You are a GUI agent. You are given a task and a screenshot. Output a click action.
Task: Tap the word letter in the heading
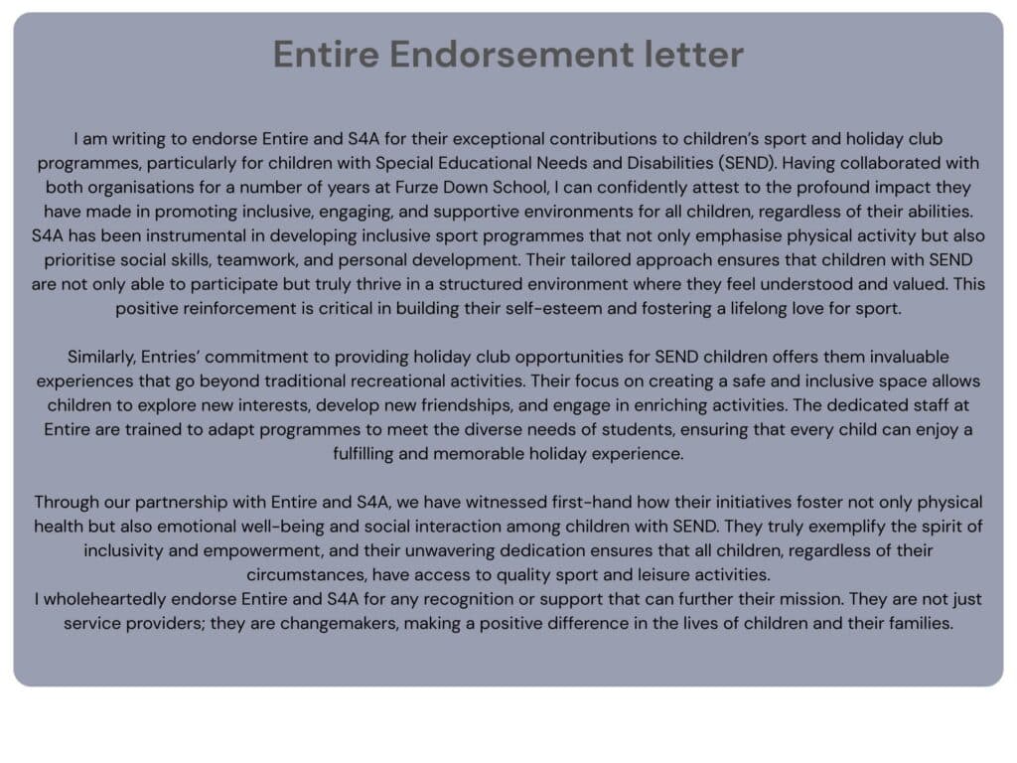click(x=695, y=55)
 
